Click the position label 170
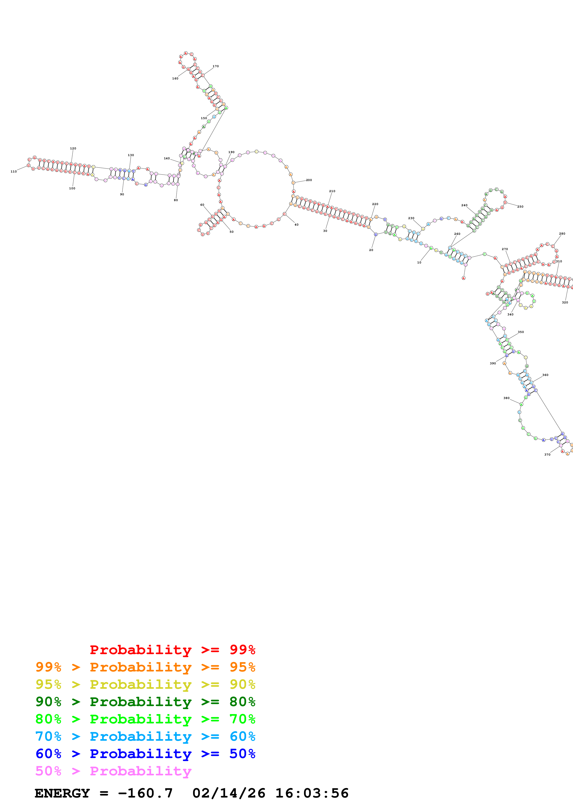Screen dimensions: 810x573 tap(215, 66)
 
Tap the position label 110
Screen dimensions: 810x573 tap(13, 172)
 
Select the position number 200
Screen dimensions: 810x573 tap(309, 180)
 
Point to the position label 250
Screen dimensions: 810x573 tap(520, 207)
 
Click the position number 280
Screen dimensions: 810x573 tap(562, 233)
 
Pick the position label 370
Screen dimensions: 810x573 tap(547, 455)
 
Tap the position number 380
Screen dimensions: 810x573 tap(506, 398)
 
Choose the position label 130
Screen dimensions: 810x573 tap(131, 155)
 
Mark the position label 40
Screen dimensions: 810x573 tap(296, 225)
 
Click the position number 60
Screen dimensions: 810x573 tap(202, 205)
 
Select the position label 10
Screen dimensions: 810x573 tap(419, 263)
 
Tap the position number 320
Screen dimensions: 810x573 tap(565, 302)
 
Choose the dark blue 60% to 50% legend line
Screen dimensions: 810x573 tap(145, 754)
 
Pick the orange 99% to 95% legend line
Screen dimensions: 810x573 tap(145, 667)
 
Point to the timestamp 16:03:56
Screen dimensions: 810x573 tap(312, 793)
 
